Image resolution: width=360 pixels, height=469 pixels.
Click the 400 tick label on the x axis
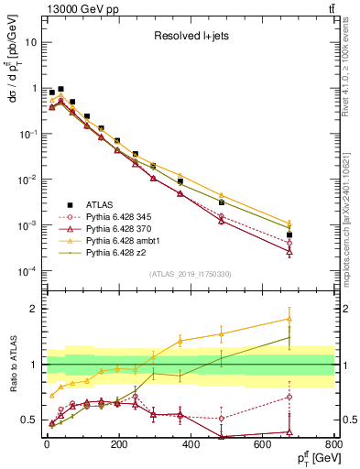click(x=190, y=450)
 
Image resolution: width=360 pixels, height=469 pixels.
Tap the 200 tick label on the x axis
click(x=117, y=450)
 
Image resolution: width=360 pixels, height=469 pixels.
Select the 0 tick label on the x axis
click(x=46, y=450)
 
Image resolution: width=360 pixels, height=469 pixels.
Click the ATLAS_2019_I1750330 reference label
click(x=190, y=274)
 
